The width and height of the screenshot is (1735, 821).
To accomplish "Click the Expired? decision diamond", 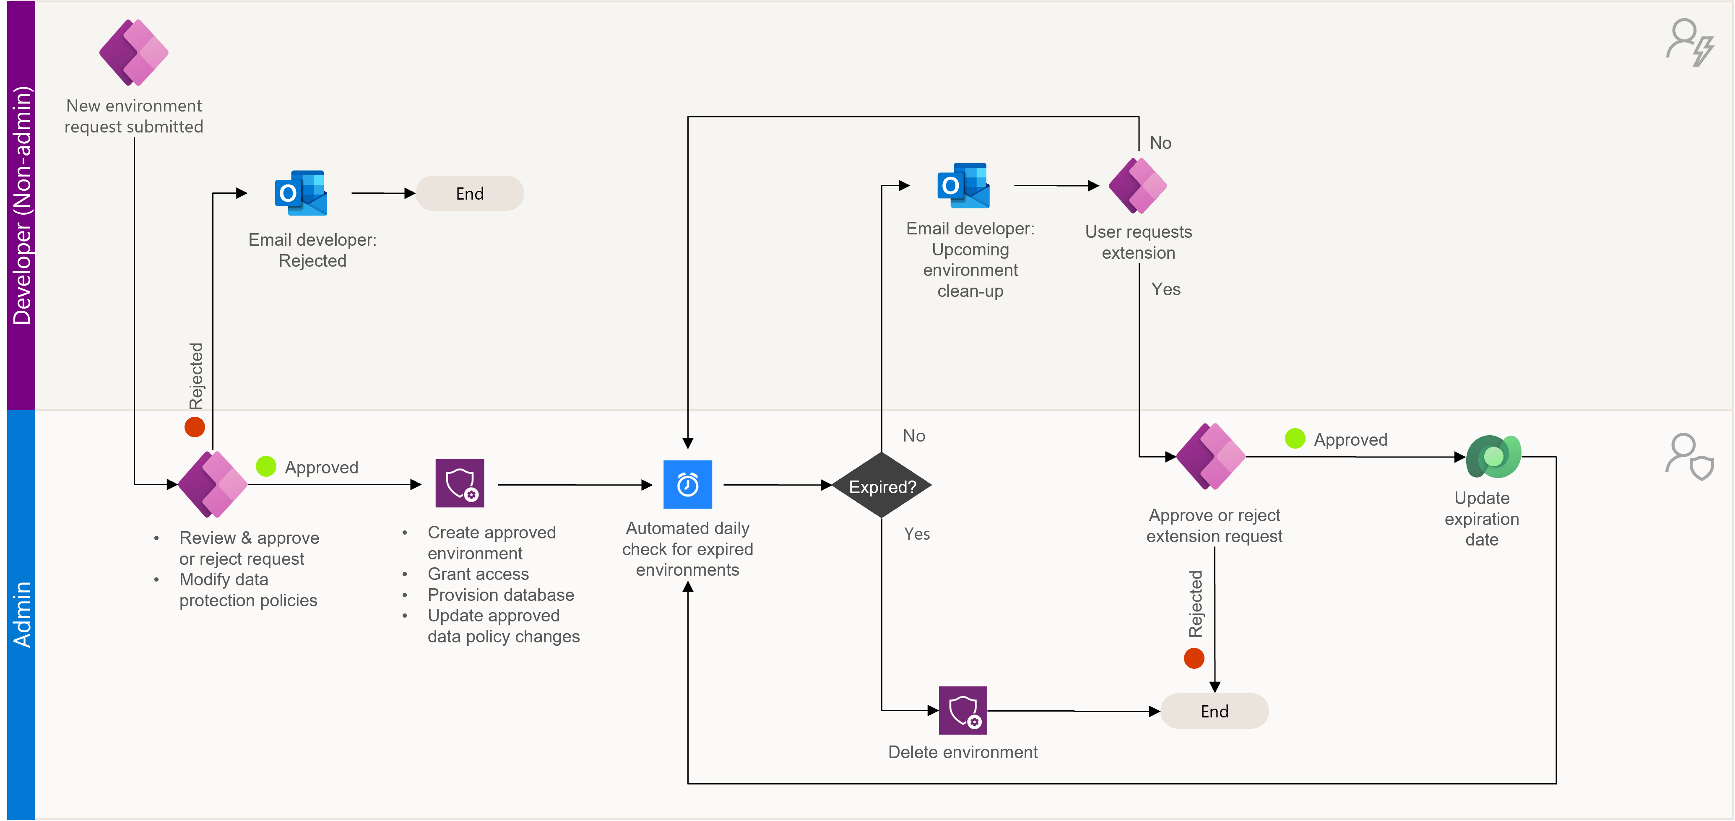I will coord(882,486).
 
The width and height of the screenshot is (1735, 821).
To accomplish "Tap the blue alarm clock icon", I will coord(688,484).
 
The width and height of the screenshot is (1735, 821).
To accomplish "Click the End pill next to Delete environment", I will coord(1215,711).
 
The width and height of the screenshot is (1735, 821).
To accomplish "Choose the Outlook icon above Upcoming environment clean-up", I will coord(963,185).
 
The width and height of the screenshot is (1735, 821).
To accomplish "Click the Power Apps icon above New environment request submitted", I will coord(134,52).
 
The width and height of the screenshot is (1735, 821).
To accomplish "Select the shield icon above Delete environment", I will coord(963,711).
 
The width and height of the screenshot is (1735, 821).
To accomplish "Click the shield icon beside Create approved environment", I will coord(460,483).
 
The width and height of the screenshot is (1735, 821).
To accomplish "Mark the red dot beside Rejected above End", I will coord(1194,658).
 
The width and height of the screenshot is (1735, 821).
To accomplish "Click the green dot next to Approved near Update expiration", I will coord(1295,439).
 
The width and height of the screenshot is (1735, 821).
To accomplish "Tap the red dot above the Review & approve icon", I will coord(195,427).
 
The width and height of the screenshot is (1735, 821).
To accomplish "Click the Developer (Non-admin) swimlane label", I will coord(21,205).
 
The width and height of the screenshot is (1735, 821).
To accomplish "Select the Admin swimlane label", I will coord(21,614).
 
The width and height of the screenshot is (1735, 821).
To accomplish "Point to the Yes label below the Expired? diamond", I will coord(917,534).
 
